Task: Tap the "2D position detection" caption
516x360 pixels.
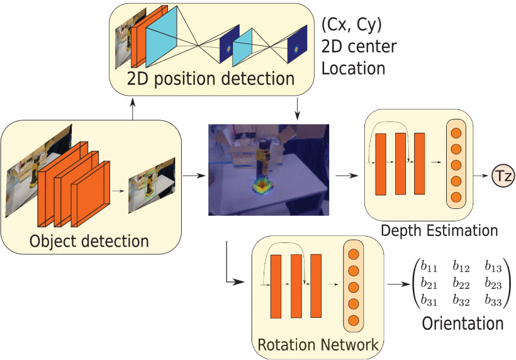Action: [x=210, y=79]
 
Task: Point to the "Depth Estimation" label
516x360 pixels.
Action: [x=439, y=230]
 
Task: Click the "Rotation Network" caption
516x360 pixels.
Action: [x=318, y=345]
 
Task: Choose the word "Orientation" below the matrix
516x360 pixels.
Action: [x=463, y=323]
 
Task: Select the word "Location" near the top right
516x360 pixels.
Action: [x=353, y=67]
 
